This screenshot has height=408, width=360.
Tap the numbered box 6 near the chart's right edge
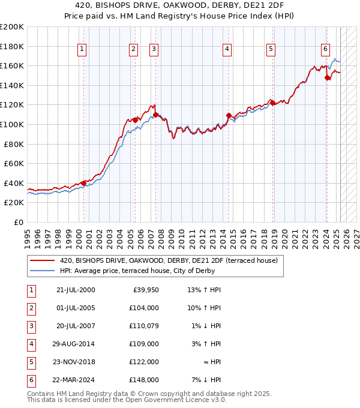325,49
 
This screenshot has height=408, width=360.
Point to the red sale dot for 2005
135,120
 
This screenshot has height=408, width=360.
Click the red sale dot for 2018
272,103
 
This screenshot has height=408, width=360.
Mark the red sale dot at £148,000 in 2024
327,77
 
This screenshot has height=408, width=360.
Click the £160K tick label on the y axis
12,65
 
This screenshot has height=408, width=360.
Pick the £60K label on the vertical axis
14,163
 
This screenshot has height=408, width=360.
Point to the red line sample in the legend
43,261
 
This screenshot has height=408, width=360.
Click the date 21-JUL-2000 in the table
76,290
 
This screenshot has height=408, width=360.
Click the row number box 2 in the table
30,308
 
